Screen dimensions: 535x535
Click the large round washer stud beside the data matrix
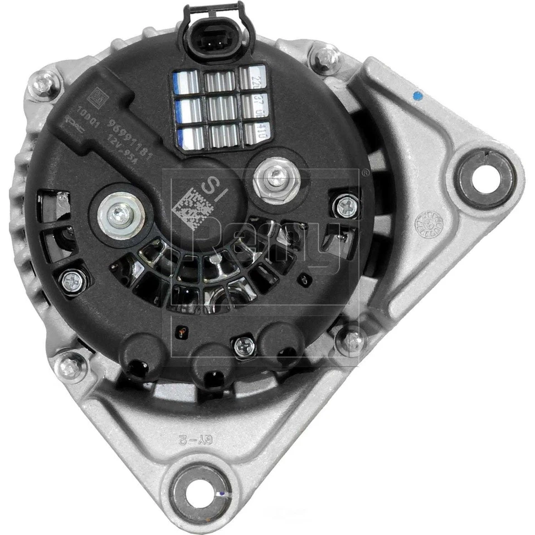pos(121,215)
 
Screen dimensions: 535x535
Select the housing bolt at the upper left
pos(43,84)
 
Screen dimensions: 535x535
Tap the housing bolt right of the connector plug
pos(327,57)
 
